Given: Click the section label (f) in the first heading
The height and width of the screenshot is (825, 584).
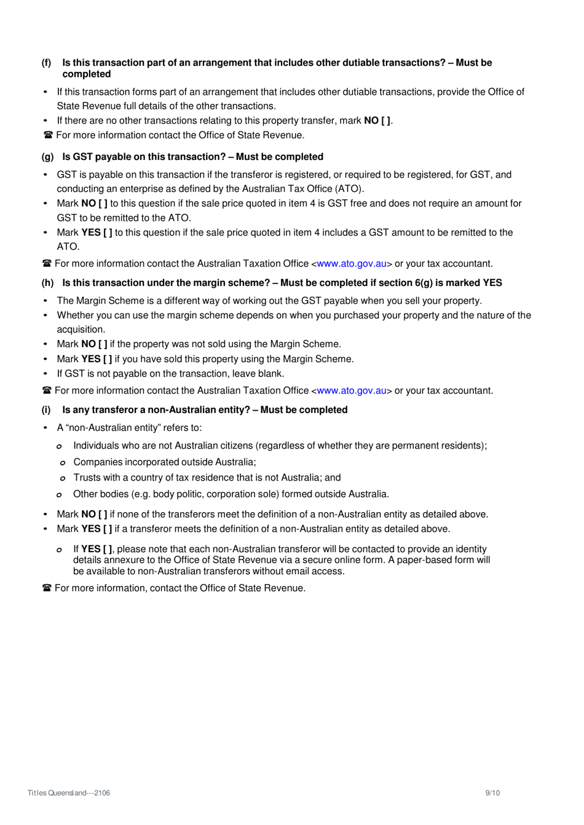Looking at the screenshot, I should click(46, 63).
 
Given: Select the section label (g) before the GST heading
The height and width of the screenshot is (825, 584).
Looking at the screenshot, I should click(47, 157).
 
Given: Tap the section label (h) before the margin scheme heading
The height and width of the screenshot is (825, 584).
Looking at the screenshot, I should click(47, 283).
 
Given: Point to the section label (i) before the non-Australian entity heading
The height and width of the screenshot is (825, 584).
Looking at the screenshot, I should click(46, 410).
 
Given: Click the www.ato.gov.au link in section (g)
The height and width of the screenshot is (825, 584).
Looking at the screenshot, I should click(352, 264).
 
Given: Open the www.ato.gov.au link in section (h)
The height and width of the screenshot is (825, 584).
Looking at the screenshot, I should click(352, 391).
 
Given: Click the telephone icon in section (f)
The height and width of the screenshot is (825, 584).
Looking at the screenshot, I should click(47, 135).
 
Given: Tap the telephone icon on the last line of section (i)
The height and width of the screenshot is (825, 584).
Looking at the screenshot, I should click(47, 588).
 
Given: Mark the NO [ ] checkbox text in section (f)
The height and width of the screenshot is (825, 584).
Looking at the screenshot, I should click(377, 120).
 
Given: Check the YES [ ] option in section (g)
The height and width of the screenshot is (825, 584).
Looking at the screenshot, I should click(97, 232).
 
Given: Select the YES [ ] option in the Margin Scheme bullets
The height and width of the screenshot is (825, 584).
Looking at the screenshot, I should click(97, 359).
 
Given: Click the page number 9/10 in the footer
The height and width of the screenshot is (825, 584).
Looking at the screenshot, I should click(492, 793).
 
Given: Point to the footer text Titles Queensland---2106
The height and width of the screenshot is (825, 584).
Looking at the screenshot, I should click(69, 793).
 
